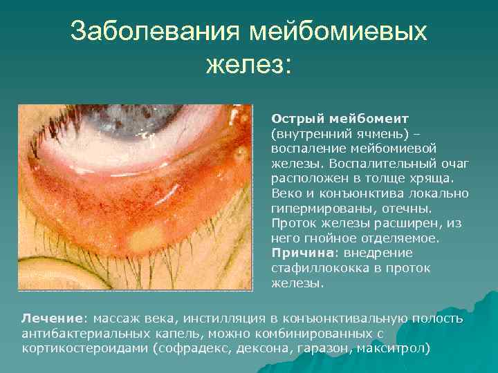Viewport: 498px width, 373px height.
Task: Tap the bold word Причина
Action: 299,252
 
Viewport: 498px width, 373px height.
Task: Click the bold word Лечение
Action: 52,318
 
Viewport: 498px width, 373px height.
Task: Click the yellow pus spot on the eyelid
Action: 144,239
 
